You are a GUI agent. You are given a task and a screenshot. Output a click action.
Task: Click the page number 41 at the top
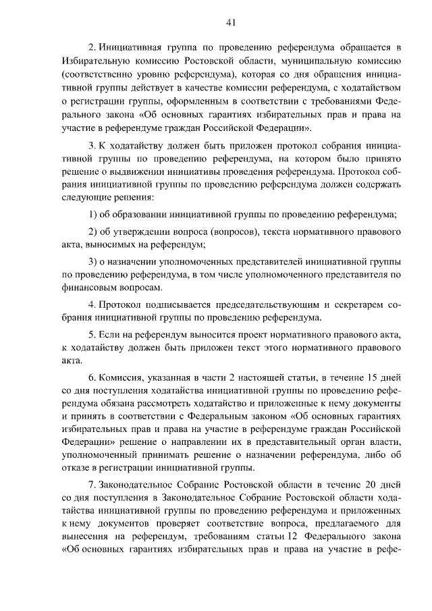231,22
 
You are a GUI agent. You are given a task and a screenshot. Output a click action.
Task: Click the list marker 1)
94,215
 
